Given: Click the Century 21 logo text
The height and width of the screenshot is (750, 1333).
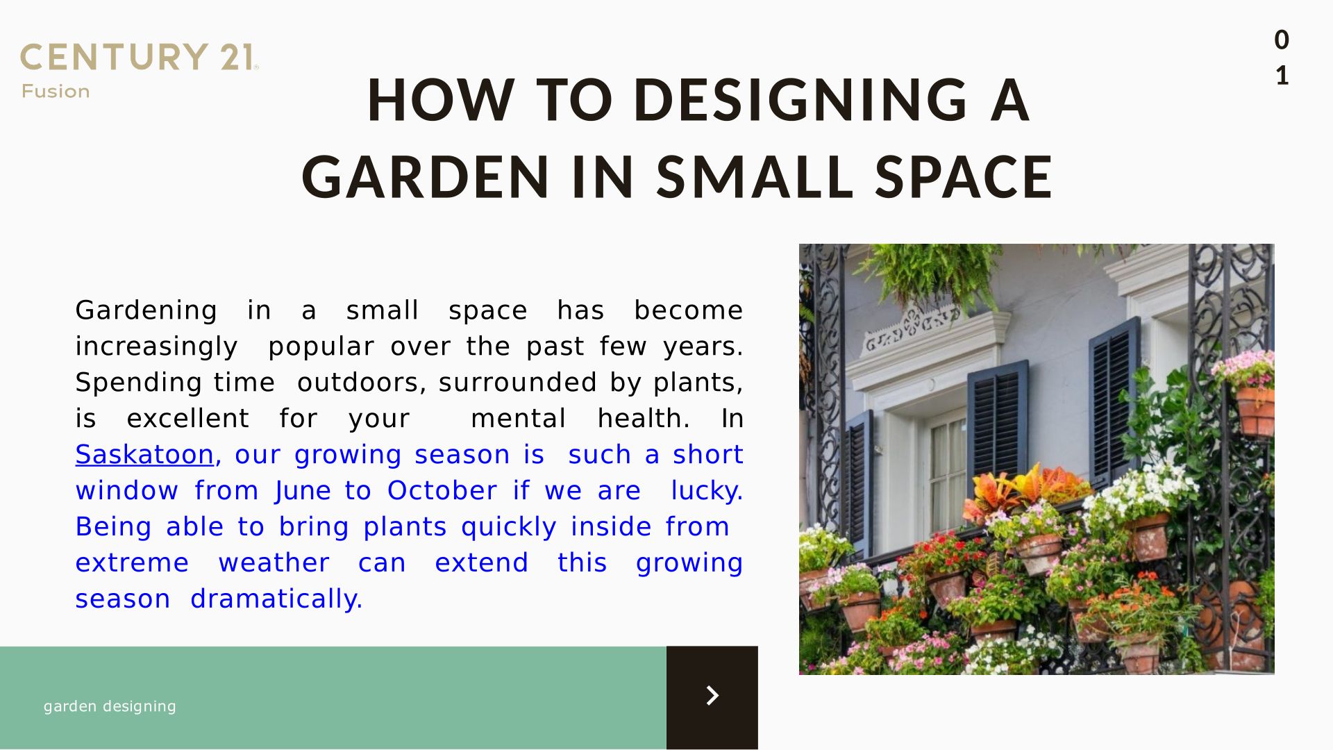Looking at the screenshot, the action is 139,57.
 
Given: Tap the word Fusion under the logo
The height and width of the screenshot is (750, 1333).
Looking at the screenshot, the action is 56,92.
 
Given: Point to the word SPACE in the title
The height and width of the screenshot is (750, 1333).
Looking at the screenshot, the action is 964,176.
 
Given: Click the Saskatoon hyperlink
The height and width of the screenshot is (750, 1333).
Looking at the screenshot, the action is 144,454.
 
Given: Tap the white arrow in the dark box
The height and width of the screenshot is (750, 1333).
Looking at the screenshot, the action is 712,695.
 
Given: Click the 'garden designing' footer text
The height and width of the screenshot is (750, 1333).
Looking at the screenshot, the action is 110,706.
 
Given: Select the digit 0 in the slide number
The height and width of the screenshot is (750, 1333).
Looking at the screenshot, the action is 1282,40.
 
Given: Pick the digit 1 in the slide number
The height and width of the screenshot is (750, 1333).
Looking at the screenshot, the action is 1282,75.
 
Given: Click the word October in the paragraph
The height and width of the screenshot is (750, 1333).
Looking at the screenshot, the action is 442,490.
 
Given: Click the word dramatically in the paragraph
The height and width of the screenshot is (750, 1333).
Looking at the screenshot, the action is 276,599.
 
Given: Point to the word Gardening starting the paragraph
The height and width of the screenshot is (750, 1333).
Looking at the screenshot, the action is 146,310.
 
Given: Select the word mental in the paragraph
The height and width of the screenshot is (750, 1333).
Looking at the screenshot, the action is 518,418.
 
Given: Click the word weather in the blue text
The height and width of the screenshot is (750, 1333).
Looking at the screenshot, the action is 274,562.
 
